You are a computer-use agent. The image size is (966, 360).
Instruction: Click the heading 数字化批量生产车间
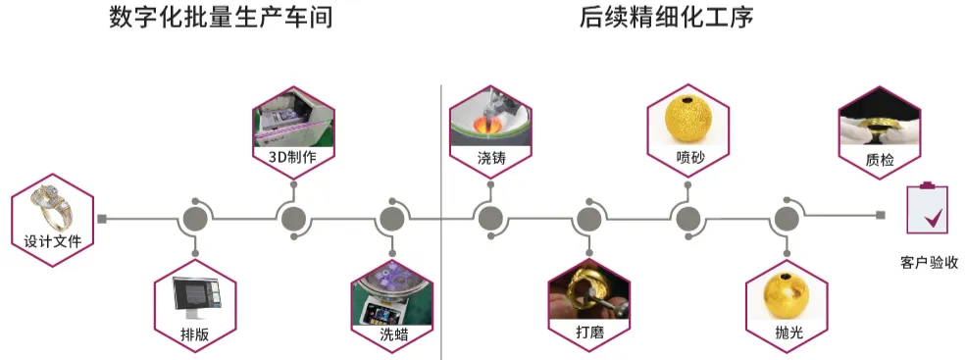(x=220, y=19)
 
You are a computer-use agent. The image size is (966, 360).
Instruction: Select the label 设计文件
(x=52, y=240)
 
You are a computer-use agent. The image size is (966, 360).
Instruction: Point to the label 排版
(x=195, y=334)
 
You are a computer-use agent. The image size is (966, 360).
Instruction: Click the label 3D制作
(x=292, y=156)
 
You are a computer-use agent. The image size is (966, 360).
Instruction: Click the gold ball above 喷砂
(x=688, y=121)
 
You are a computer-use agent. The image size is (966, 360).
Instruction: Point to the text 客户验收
(x=929, y=262)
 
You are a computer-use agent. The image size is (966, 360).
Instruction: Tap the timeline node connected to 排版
(x=195, y=218)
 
